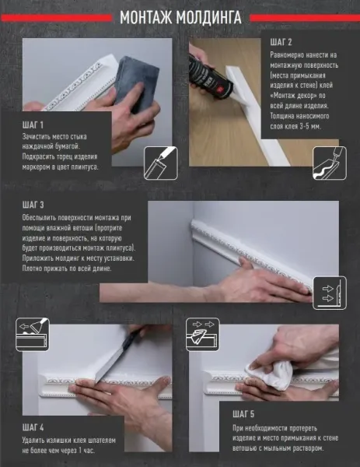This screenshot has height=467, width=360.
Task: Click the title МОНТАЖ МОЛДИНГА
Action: tap(180, 18)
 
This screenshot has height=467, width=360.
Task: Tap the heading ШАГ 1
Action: tap(33, 125)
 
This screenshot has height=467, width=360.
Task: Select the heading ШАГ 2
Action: tap(281, 42)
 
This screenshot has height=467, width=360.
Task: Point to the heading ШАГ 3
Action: tap(33, 205)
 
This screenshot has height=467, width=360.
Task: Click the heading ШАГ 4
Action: tap(33, 427)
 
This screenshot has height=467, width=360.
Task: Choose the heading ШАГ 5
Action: tap(243, 414)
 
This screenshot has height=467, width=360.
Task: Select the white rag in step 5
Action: tap(269, 374)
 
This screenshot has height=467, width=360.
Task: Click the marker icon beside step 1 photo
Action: tap(161, 163)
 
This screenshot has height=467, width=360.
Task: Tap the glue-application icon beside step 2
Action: tap(330, 163)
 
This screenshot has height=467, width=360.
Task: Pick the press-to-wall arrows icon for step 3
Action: tap(330, 293)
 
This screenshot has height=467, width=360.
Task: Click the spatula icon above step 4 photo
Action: tap(33, 335)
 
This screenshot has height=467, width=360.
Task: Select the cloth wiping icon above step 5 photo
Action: tap(203, 335)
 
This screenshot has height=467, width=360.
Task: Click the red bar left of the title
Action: tap(56, 18)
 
